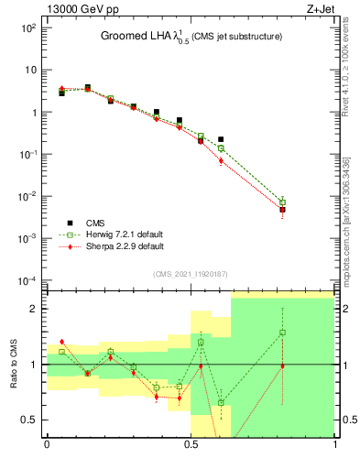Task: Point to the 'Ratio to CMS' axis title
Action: (x=15, y=364)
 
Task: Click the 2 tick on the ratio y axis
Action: (x=36, y=309)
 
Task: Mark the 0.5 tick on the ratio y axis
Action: (x=31, y=420)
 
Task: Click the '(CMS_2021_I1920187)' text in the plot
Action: (x=191, y=274)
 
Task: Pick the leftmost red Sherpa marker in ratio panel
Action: (x=61, y=342)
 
